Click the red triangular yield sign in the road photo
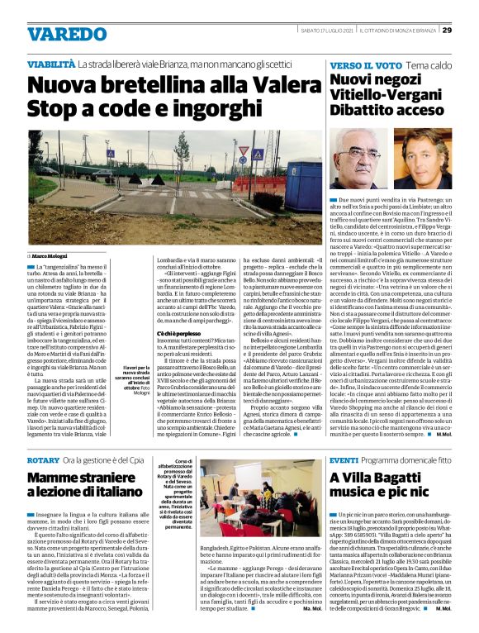pyautogui.click(x=267, y=152)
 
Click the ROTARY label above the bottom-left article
pyautogui.click(x=44, y=459)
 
